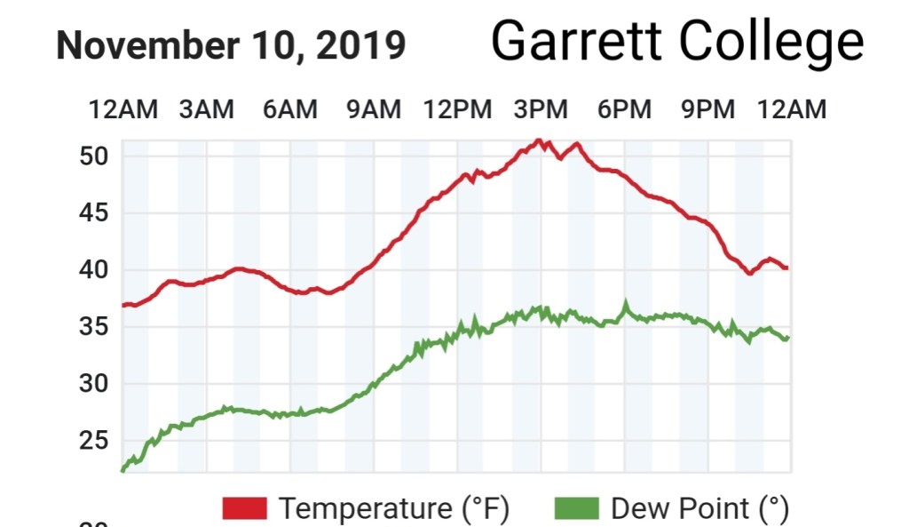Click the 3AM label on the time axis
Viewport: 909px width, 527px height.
point(207,109)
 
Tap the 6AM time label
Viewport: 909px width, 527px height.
point(289,109)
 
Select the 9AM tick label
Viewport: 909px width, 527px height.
point(373,109)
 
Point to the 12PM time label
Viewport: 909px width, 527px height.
point(457,109)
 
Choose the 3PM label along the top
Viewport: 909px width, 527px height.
point(541,109)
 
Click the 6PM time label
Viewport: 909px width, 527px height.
point(624,109)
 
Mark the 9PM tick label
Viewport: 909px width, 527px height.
point(708,109)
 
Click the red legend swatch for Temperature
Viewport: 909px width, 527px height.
point(245,509)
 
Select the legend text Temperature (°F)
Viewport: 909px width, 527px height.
point(394,509)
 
